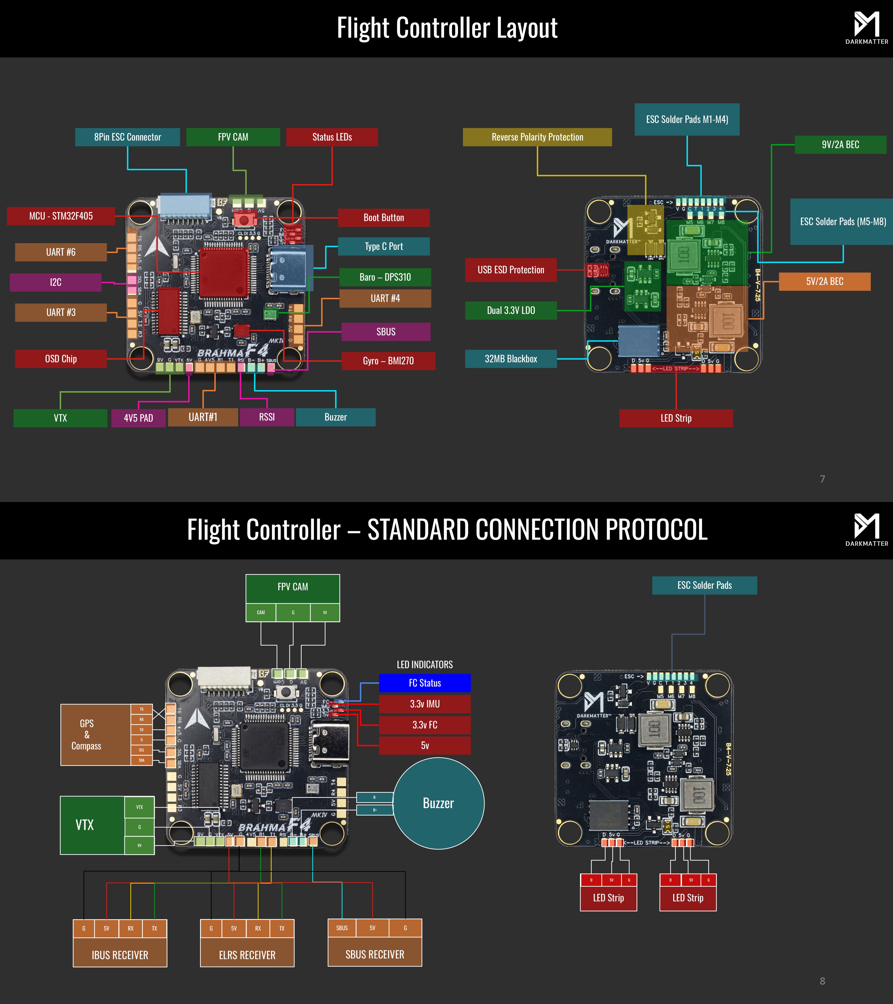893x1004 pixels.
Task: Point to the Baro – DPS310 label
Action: click(x=385, y=277)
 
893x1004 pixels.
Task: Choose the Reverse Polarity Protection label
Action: click(x=537, y=137)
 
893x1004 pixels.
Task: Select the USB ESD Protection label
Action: click(x=511, y=270)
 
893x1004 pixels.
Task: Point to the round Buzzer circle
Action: click(x=438, y=803)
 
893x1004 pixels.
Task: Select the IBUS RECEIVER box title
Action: click(x=120, y=955)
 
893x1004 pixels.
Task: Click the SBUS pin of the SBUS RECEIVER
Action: click(x=342, y=928)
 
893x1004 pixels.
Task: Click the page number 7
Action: click(x=822, y=479)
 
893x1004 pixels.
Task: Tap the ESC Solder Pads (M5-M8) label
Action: click(x=842, y=221)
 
